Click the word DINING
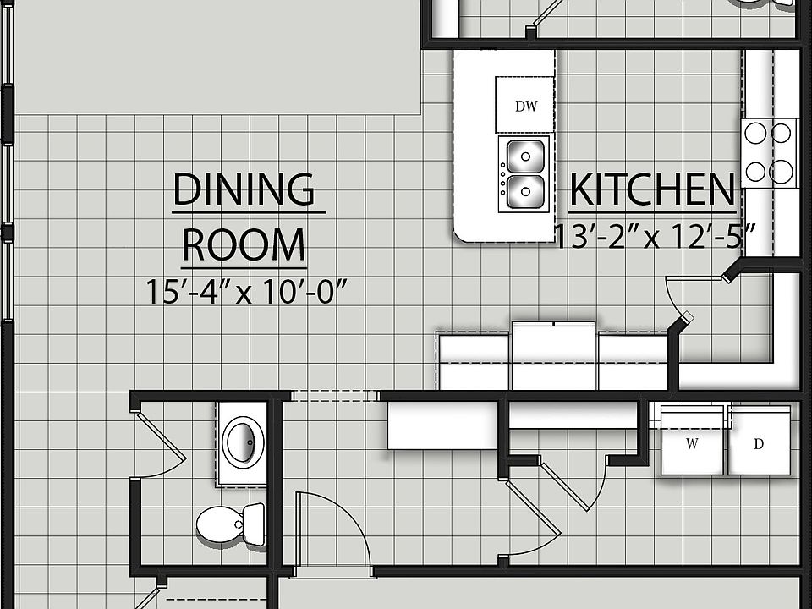(x=244, y=189)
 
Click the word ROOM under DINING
(x=244, y=245)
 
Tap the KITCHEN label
(x=652, y=190)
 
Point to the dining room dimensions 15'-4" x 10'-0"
(x=246, y=292)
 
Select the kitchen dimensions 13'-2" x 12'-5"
(x=656, y=236)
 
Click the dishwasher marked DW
(x=525, y=105)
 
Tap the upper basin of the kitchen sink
(x=525, y=156)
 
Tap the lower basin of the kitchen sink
(x=525, y=192)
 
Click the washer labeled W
(x=692, y=444)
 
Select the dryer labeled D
(x=759, y=444)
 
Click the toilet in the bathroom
(x=230, y=524)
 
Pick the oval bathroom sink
(x=243, y=442)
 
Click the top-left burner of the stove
(x=755, y=133)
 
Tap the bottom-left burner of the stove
(x=755, y=172)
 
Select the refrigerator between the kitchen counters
(x=553, y=356)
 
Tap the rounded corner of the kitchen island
(x=463, y=233)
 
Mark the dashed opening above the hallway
(x=335, y=396)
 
